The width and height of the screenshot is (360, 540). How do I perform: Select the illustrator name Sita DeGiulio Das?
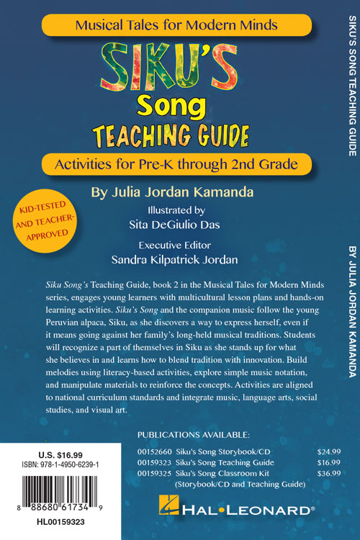(x=170, y=225)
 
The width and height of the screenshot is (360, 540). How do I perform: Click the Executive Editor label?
(x=170, y=243)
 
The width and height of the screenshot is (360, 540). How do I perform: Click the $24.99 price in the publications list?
(x=328, y=451)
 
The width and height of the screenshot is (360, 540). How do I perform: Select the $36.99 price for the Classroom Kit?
(x=328, y=474)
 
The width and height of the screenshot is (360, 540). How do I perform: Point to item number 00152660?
(x=153, y=451)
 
